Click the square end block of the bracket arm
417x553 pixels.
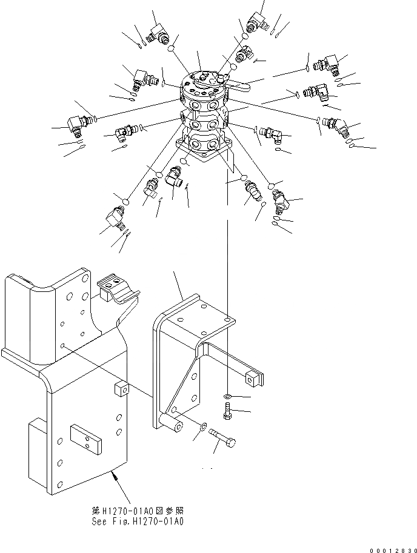point(253,379)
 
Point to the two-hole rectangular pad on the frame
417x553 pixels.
point(85,438)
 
